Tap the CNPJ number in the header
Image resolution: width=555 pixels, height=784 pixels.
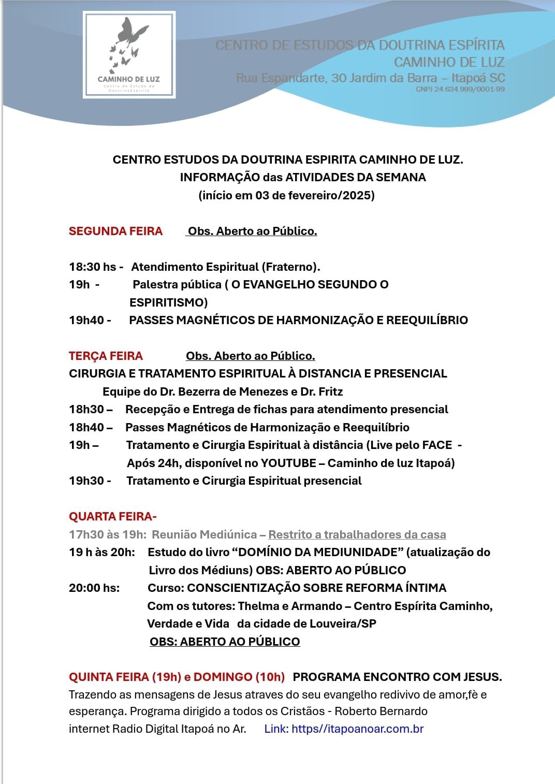click(460, 89)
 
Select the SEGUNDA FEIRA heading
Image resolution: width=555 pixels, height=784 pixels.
click(115, 231)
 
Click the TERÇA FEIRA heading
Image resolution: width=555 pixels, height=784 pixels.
click(106, 356)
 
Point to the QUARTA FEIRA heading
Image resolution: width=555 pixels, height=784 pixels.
click(112, 516)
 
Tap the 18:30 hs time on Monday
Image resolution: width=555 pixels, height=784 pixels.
click(93, 267)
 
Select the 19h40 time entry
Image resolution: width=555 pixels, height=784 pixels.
click(86, 320)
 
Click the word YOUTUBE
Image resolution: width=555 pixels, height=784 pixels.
click(288, 463)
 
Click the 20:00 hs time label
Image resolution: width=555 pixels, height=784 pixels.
click(94, 588)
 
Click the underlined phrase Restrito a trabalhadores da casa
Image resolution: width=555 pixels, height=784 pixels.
click(357, 534)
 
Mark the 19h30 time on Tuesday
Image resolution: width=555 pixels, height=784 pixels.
click(86, 481)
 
